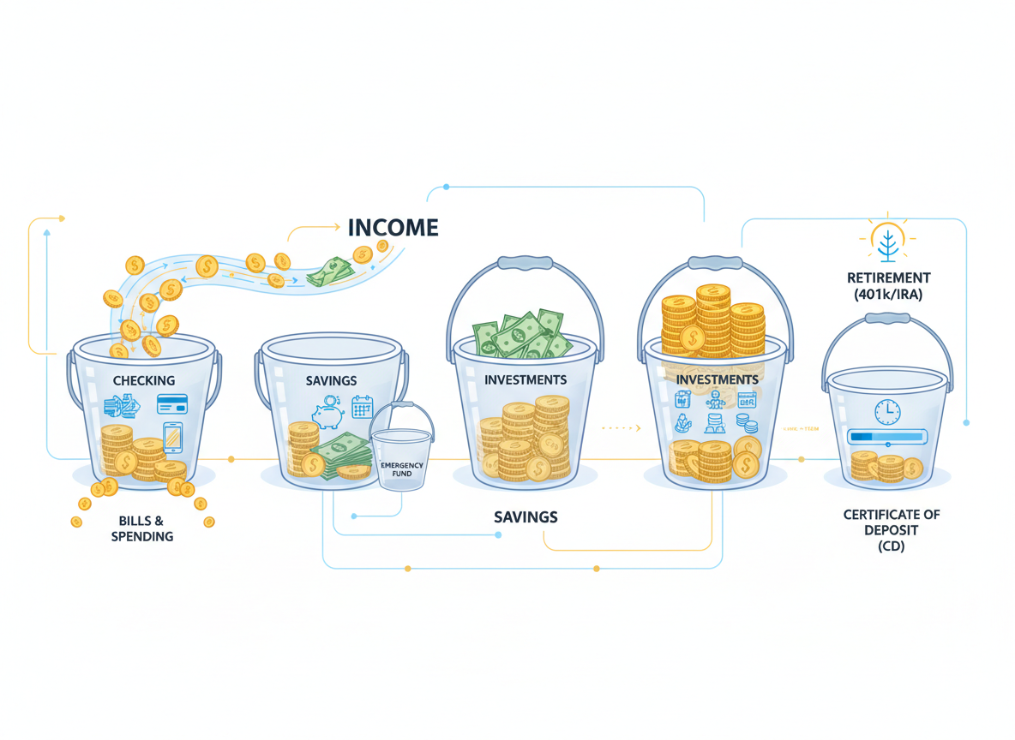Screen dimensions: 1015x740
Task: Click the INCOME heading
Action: [393, 228]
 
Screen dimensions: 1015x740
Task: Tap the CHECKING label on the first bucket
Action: [143, 380]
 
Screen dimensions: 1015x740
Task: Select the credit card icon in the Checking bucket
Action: [172, 404]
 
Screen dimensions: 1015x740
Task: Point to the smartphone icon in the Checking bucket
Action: [173, 438]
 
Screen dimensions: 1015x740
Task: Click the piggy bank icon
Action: [328, 415]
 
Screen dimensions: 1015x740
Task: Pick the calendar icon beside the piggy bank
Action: [363, 407]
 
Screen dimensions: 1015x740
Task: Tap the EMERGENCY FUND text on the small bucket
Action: [401, 469]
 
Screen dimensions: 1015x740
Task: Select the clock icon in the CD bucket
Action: [887, 411]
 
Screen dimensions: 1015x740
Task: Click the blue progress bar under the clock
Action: [886, 437]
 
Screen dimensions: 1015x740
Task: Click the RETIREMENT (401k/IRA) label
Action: [887, 286]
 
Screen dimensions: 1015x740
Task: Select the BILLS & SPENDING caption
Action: [141, 528]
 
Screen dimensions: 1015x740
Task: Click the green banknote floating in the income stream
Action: [330, 272]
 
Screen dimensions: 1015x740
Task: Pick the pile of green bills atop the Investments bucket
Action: [522, 335]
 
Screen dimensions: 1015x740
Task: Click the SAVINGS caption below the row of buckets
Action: [526, 517]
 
